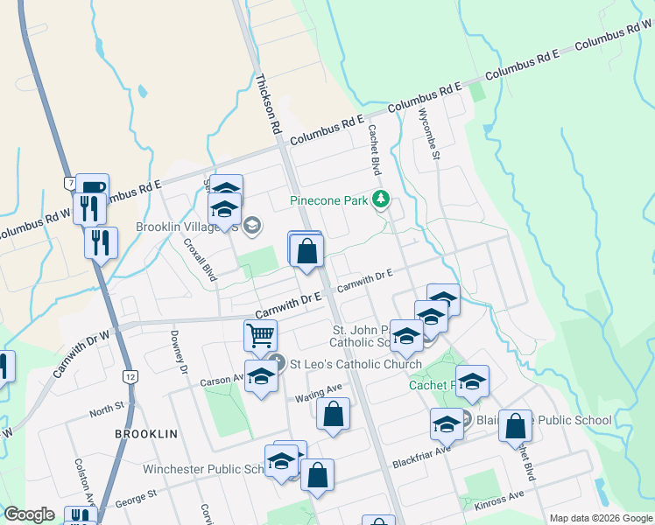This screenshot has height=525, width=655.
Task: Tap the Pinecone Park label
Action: point(329,200)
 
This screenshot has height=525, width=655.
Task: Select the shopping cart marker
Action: point(260,334)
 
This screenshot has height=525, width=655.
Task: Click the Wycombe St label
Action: point(428,132)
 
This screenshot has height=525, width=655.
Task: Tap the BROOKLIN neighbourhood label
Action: point(146,434)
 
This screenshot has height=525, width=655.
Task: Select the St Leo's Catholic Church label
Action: point(356,364)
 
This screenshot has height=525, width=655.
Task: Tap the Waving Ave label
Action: point(318,391)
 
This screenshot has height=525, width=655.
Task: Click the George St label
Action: point(136,499)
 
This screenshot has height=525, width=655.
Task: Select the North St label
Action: point(107,409)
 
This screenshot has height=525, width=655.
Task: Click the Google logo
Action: point(30,514)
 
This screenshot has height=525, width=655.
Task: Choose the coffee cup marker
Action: point(92,188)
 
